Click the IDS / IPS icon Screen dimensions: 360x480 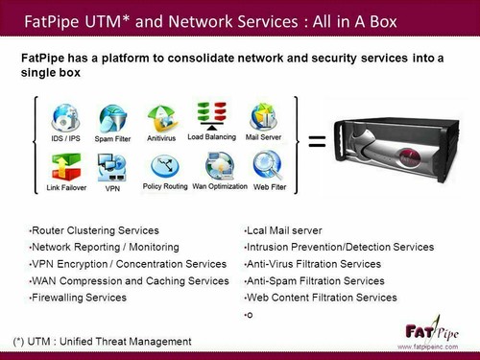click(x=65, y=120)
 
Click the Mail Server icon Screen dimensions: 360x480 click(x=264, y=116)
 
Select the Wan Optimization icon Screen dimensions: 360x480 click(x=219, y=164)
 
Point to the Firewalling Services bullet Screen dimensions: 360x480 click(x=80, y=298)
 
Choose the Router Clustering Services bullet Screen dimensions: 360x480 click(x=95, y=231)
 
